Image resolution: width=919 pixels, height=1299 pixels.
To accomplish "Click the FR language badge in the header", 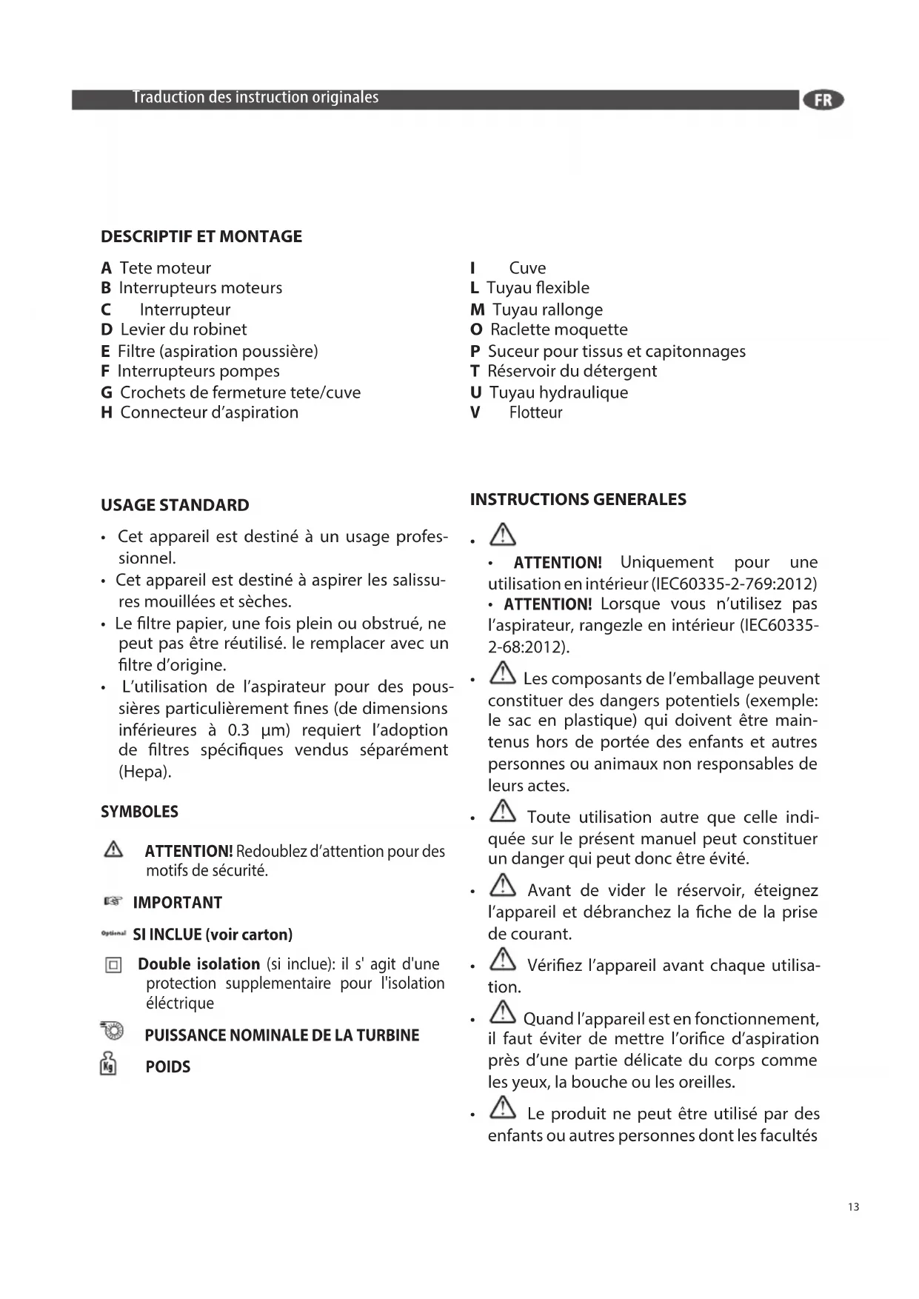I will pyautogui.click(x=823, y=100).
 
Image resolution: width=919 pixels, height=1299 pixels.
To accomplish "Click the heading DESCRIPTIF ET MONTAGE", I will pyautogui.click(x=201, y=236).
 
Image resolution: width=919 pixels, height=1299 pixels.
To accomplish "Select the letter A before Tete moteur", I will pyautogui.click(x=107, y=268).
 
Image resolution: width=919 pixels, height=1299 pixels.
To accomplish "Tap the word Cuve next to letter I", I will pyautogui.click(x=527, y=268).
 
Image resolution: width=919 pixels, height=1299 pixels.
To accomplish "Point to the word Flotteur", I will pyautogui.click(x=535, y=413).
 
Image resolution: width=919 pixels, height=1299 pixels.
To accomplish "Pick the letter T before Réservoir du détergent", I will pyautogui.click(x=475, y=371).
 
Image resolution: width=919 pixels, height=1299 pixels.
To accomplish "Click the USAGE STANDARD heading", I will pyautogui.click(x=175, y=505).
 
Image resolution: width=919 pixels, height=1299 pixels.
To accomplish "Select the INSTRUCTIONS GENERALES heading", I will pyautogui.click(x=578, y=499).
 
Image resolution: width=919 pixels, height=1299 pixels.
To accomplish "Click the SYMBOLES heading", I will pyautogui.click(x=139, y=812).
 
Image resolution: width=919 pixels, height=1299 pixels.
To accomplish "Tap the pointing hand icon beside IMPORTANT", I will pyautogui.click(x=113, y=902).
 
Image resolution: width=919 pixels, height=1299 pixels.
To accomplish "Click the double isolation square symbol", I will pyautogui.click(x=113, y=965).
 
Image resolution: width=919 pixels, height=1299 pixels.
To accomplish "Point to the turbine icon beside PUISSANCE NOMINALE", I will pyautogui.click(x=113, y=1030).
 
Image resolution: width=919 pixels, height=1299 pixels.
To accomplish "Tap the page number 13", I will pyautogui.click(x=853, y=1207).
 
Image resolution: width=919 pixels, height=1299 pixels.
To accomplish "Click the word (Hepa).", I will pyautogui.click(x=144, y=772).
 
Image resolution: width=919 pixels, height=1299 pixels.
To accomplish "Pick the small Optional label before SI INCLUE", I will pyautogui.click(x=113, y=934).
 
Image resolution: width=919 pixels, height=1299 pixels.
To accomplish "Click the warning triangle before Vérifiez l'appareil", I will pyautogui.click(x=503, y=960).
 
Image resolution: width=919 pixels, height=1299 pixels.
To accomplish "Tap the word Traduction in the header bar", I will pyautogui.click(x=168, y=98).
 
